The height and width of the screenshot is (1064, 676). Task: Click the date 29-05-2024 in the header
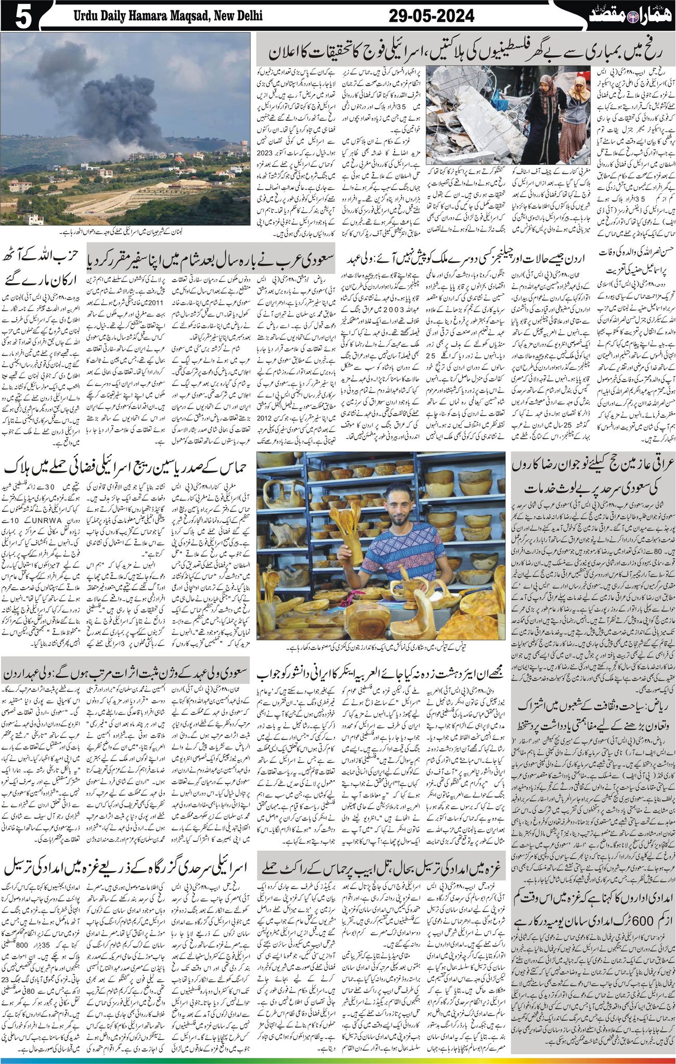(432, 16)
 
